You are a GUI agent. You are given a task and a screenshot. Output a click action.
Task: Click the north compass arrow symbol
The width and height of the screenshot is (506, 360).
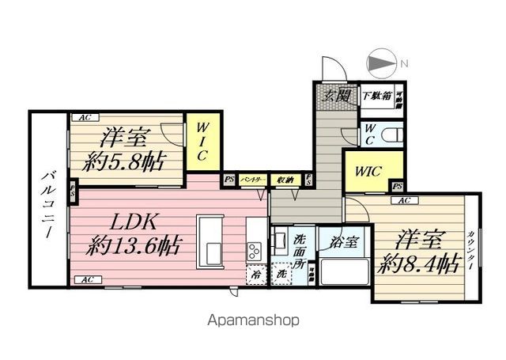click(381, 63)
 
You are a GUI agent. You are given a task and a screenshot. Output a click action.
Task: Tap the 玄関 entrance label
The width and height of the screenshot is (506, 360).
click(338, 97)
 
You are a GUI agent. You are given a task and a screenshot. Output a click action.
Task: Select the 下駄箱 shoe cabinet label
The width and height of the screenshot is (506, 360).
click(376, 97)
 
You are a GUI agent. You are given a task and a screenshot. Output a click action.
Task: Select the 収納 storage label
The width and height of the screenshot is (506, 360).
click(285, 180)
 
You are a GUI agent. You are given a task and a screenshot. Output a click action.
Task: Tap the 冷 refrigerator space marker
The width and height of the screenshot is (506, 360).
click(257, 275)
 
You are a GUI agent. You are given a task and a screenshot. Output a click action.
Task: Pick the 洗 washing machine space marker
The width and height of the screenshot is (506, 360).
click(281, 275)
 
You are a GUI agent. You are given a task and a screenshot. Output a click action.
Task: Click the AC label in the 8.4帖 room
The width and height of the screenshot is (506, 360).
click(403, 201)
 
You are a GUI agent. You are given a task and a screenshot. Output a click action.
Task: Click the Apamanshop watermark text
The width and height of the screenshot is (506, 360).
click(254, 321)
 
